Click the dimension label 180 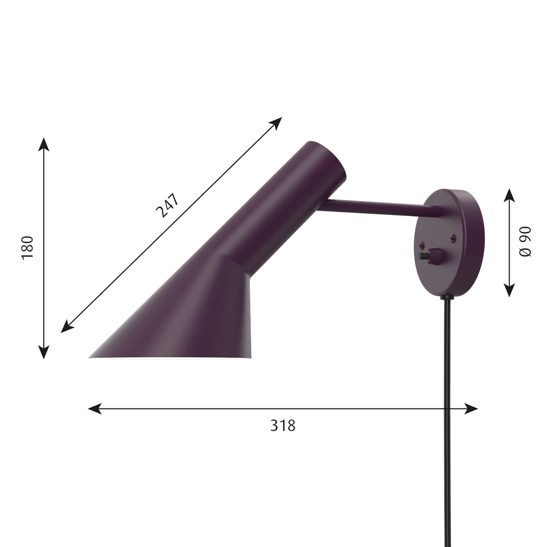click(28, 247)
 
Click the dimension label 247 click(167, 205)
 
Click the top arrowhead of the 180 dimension click(44, 145)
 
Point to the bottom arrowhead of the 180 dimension click(44, 352)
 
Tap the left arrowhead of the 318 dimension click(95, 409)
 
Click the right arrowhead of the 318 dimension click(471, 409)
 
